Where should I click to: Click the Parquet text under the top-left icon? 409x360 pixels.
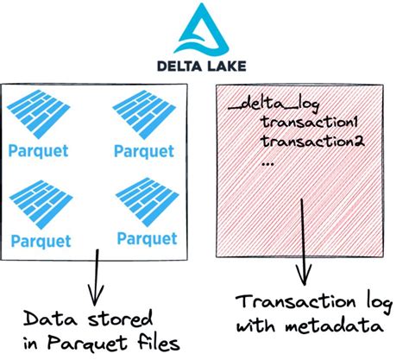tap(36, 150)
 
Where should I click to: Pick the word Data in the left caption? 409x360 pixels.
tap(46, 317)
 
